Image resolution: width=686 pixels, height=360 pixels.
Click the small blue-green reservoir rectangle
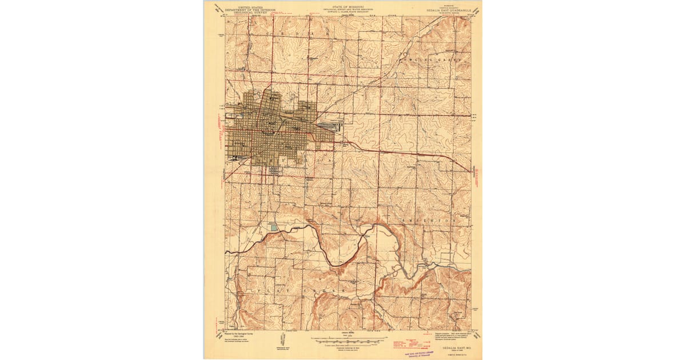click(274, 227)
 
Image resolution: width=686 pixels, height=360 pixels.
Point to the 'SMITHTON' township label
click(429, 219)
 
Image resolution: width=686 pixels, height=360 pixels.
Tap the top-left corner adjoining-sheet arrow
click(217, 8)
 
